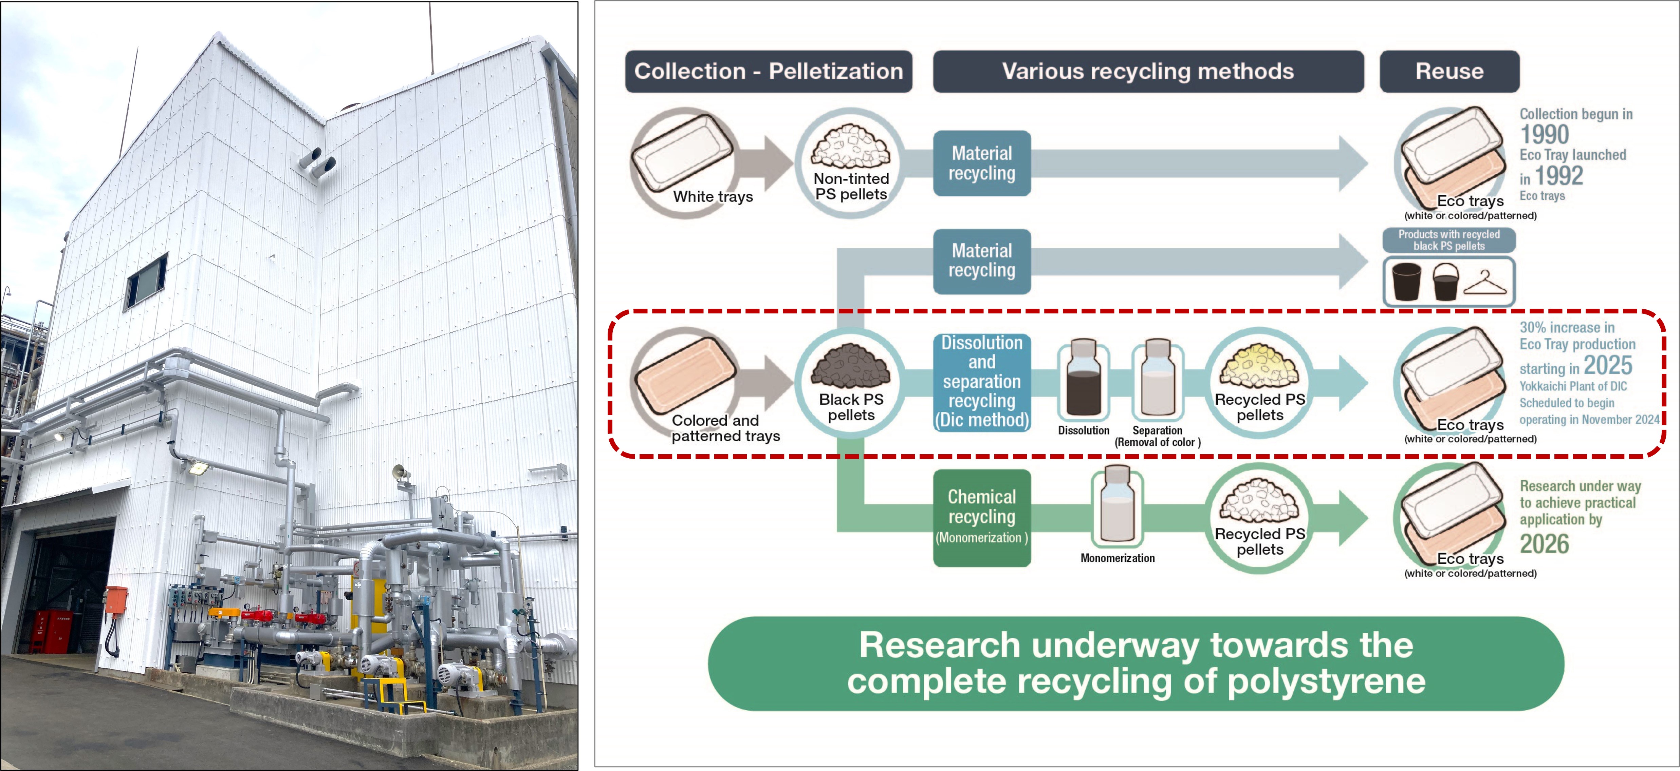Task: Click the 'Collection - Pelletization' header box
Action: [768, 71]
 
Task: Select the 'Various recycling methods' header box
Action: [1148, 71]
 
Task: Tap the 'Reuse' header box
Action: [1449, 71]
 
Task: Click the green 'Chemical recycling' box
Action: [981, 518]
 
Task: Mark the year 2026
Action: [1544, 543]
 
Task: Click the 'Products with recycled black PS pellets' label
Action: [1448, 240]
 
